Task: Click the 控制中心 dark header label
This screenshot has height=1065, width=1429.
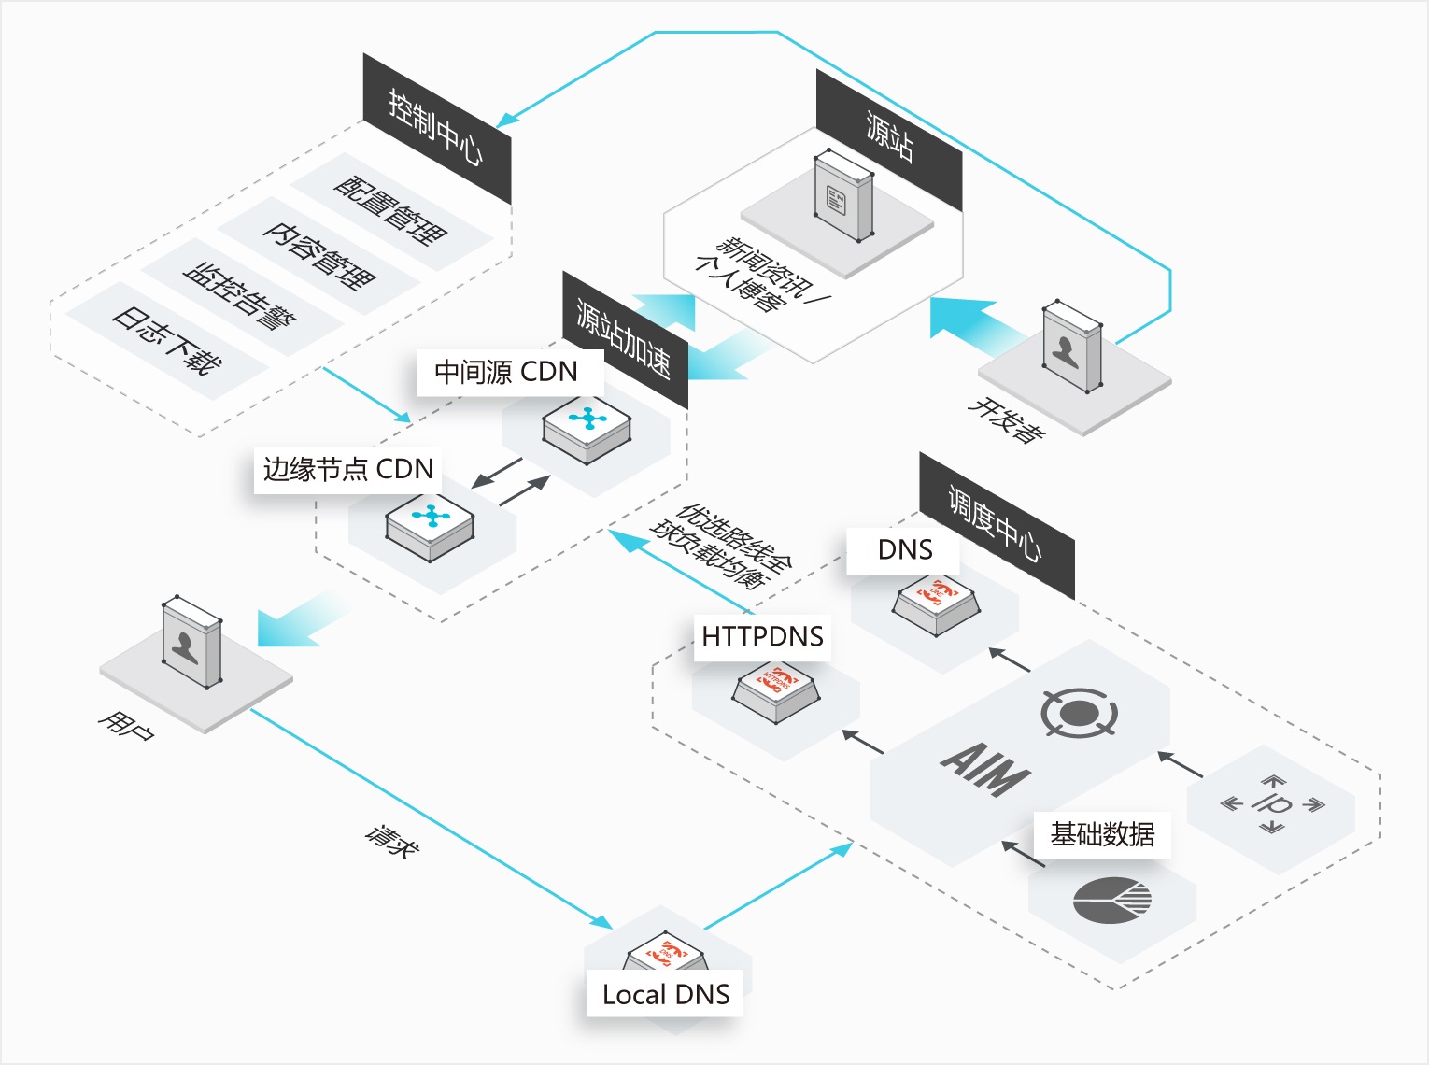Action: [x=436, y=128]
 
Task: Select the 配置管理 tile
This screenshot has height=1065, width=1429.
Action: [x=390, y=211]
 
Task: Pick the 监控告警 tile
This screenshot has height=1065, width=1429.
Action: [x=241, y=296]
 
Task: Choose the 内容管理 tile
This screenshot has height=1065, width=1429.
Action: [x=318, y=255]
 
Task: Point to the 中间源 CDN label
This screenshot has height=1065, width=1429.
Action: [x=506, y=372]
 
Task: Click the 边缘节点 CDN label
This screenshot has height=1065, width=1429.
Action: [x=348, y=469]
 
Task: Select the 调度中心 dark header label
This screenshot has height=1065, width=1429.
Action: [x=996, y=524]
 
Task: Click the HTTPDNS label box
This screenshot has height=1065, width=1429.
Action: [x=762, y=637]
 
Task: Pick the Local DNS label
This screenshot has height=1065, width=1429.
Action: [x=666, y=995]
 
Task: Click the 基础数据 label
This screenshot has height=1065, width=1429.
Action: [x=1102, y=834]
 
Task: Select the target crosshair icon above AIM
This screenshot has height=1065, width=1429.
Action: [x=1079, y=713]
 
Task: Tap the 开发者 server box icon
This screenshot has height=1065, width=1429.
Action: [x=1071, y=346]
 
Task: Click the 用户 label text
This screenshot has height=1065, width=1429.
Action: [x=126, y=725]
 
